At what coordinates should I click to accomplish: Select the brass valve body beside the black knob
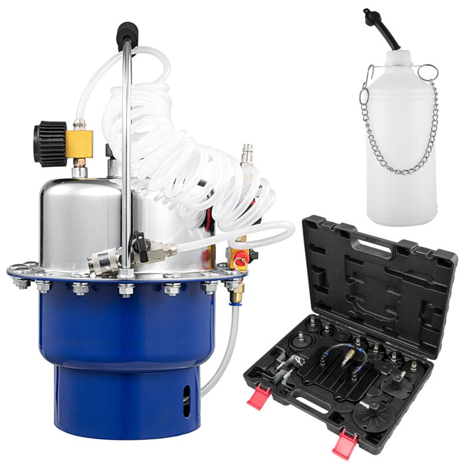79,144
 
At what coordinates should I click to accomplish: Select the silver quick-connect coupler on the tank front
104,262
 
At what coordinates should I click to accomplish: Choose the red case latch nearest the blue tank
259,398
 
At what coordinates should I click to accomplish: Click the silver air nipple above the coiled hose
247,155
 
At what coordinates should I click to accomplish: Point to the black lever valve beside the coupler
139,243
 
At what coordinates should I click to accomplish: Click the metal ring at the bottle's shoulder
428,72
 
